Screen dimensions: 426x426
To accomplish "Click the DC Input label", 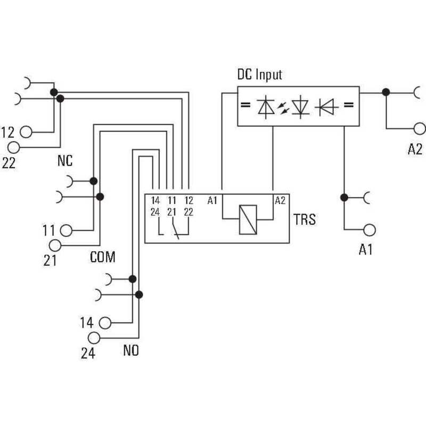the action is coord(260,75).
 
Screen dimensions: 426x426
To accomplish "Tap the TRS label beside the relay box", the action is coord(305,219).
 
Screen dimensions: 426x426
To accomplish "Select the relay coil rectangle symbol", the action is coord(248,219).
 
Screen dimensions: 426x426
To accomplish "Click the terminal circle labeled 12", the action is coord(26,132).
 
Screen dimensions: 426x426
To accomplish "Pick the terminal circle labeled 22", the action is coord(14,148).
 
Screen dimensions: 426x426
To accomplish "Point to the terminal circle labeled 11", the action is coord(66,231).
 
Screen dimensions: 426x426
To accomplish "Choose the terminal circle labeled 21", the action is coord(55,245).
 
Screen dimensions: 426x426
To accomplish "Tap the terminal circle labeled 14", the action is coord(105,323).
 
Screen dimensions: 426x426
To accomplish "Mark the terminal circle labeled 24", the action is coord(94,338).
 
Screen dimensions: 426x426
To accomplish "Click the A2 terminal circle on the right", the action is coord(420,128).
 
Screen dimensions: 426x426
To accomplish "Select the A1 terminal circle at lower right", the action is coord(370,230).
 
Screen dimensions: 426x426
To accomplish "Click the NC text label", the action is coord(65,161).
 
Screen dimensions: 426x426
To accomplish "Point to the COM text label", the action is coord(103,257).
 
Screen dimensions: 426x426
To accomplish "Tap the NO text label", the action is coord(131,350).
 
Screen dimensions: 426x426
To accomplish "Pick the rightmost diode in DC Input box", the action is coord(327,107).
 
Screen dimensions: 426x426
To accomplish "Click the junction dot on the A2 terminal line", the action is coord(386,92).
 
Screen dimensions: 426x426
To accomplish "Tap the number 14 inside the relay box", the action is coord(155,201).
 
